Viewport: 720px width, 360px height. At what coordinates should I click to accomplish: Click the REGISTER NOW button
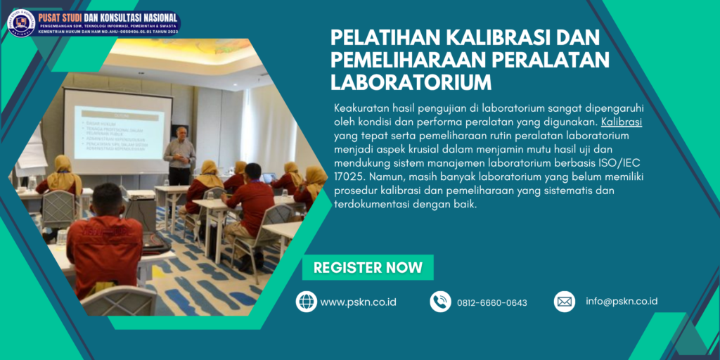368,268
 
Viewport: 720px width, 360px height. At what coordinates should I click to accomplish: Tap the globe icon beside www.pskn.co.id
307,302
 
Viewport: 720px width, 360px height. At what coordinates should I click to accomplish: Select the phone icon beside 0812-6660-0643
440,302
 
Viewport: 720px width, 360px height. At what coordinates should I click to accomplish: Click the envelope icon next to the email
565,302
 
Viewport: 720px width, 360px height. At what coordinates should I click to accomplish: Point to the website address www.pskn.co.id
358,302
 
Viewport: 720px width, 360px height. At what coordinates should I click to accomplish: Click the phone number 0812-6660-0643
491,303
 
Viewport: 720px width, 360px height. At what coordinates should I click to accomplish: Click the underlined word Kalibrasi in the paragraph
622,121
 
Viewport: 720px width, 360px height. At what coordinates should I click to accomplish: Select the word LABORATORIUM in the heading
411,82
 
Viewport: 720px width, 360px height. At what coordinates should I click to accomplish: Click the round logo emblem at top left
21,22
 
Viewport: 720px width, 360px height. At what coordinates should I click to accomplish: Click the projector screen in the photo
117,129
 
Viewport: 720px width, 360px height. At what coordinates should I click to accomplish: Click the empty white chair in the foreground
119,301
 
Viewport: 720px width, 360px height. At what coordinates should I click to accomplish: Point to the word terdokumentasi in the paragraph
370,205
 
